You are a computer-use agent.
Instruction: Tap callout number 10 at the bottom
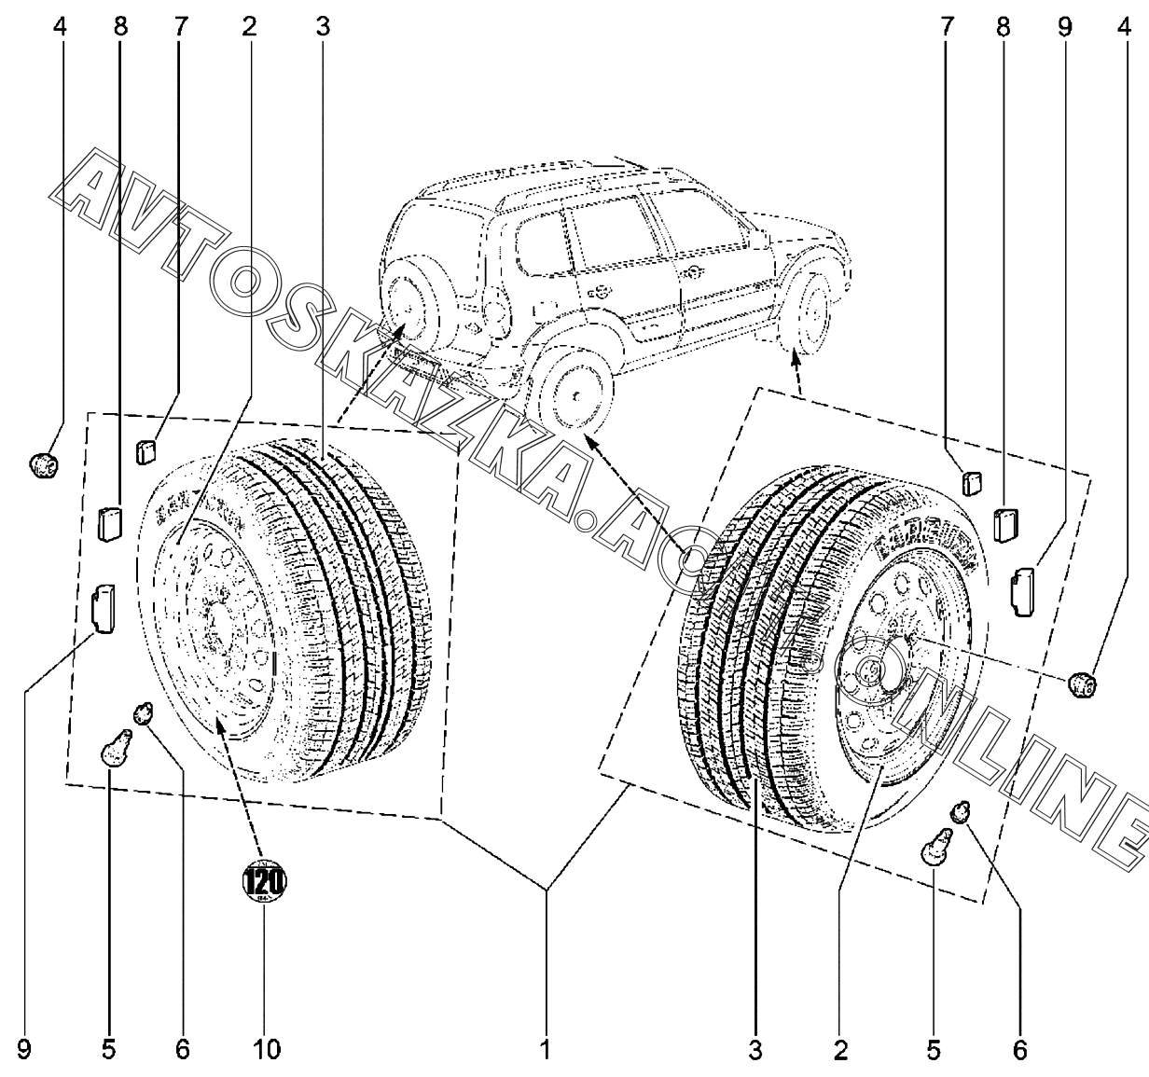coord(266,1050)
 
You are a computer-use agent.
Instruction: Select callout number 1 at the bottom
coord(546,1050)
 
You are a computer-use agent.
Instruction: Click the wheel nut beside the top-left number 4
coord(43,463)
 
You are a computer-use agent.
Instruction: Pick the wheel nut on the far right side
coord(1081,685)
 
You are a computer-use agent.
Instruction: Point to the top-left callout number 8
coord(120,27)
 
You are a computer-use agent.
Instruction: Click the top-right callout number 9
coord(1065,27)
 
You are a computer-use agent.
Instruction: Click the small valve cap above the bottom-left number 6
coord(144,714)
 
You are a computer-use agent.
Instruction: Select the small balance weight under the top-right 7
coord(971,483)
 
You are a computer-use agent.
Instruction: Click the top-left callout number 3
coord(323,27)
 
